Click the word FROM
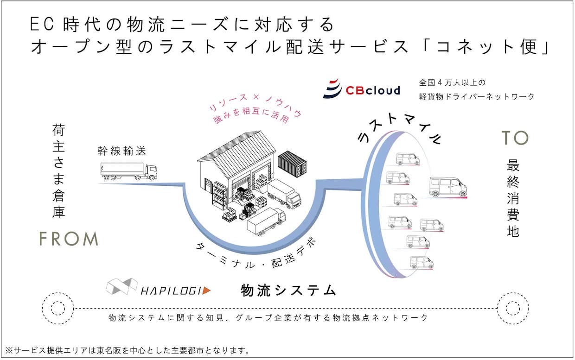68,239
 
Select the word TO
515,138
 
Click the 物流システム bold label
288,291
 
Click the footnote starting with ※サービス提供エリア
128,350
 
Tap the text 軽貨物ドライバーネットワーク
476,96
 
